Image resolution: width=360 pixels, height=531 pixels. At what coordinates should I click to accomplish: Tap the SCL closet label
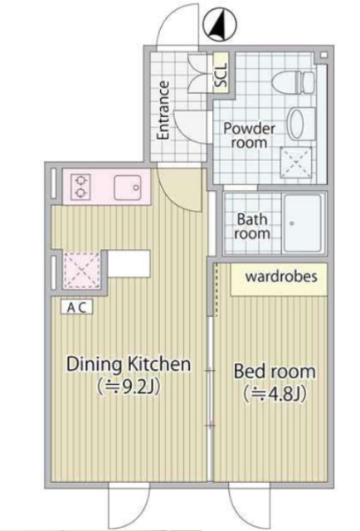[221, 75]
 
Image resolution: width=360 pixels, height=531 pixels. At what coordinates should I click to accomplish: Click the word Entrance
[163, 110]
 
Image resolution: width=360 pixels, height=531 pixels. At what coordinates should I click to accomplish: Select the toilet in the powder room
[294, 82]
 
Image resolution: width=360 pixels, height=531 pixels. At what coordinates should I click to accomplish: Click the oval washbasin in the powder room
[297, 124]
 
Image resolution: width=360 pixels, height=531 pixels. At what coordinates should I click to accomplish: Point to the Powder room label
[249, 135]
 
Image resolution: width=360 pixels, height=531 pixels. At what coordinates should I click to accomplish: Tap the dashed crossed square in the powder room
[297, 163]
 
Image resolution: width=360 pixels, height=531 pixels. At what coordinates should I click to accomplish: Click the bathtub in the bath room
[302, 223]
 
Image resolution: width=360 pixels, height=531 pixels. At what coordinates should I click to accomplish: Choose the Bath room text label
[252, 227]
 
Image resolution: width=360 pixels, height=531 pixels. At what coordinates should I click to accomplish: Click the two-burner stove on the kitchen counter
[80, 186]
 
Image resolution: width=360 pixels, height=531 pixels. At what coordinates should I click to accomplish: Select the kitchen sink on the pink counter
[128, 188]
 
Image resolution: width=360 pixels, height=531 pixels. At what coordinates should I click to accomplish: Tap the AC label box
[76, 307]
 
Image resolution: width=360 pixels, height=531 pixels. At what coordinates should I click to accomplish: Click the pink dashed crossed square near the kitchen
[82, 270]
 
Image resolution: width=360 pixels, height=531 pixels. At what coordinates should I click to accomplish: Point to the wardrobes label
[281, 276]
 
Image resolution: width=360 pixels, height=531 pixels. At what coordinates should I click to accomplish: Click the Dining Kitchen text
[129, 364]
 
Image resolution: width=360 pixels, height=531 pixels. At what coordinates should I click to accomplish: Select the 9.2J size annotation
[129, 387]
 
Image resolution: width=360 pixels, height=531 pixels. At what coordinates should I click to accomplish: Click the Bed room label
[275, 371]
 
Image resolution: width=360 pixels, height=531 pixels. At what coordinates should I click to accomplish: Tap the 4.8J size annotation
[275, 394]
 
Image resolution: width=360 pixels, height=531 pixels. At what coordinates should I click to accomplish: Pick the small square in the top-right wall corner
[324, 55]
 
